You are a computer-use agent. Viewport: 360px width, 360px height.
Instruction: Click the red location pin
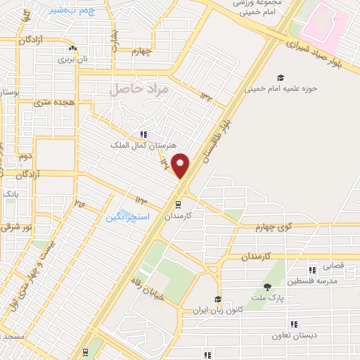click(181, 165)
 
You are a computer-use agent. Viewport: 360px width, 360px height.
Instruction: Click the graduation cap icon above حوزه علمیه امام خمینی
click(281, 78)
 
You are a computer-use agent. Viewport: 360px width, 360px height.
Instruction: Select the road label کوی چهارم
click(267, 227)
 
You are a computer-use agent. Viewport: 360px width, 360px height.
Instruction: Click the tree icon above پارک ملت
click(267, 287)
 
